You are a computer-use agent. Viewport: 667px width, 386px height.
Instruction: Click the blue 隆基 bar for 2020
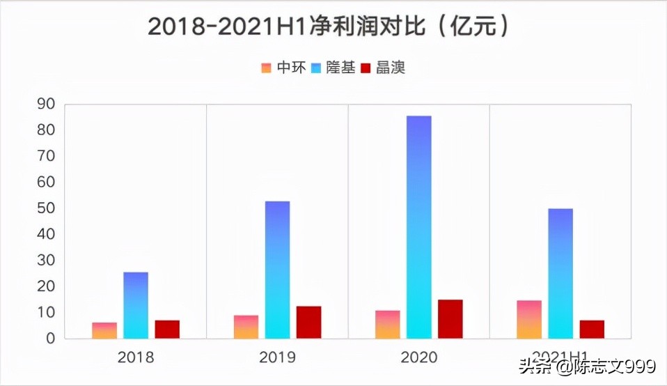419,227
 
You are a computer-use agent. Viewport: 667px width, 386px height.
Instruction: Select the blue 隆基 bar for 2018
136,305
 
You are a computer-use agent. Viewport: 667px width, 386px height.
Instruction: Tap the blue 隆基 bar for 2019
277,270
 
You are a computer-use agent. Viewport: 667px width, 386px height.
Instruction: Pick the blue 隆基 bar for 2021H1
560,273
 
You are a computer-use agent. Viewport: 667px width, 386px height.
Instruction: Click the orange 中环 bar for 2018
104,331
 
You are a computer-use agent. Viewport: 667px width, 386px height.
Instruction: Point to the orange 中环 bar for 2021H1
529,320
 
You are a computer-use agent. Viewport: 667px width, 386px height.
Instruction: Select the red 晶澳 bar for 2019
308,323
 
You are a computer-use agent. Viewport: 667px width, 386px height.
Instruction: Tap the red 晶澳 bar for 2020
450,319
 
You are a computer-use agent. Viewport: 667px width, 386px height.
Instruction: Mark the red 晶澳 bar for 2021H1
592,330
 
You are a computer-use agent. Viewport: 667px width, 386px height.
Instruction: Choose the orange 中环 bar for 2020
388,325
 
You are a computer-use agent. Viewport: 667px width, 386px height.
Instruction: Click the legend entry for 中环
284,68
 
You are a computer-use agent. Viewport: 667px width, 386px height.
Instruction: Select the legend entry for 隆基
333,68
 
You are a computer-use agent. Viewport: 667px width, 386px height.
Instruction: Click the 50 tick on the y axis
46,208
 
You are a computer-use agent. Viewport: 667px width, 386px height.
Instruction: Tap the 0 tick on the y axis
50,339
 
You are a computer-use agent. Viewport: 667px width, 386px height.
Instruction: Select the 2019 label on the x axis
277,358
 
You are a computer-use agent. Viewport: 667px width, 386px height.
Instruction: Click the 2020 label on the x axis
419,358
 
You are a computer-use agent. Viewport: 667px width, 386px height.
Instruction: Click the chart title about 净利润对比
333,26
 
